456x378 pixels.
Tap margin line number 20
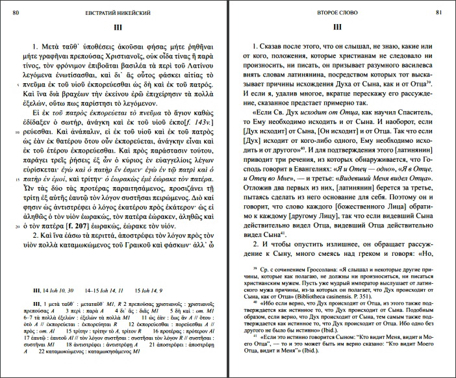click(x=15, y=227)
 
